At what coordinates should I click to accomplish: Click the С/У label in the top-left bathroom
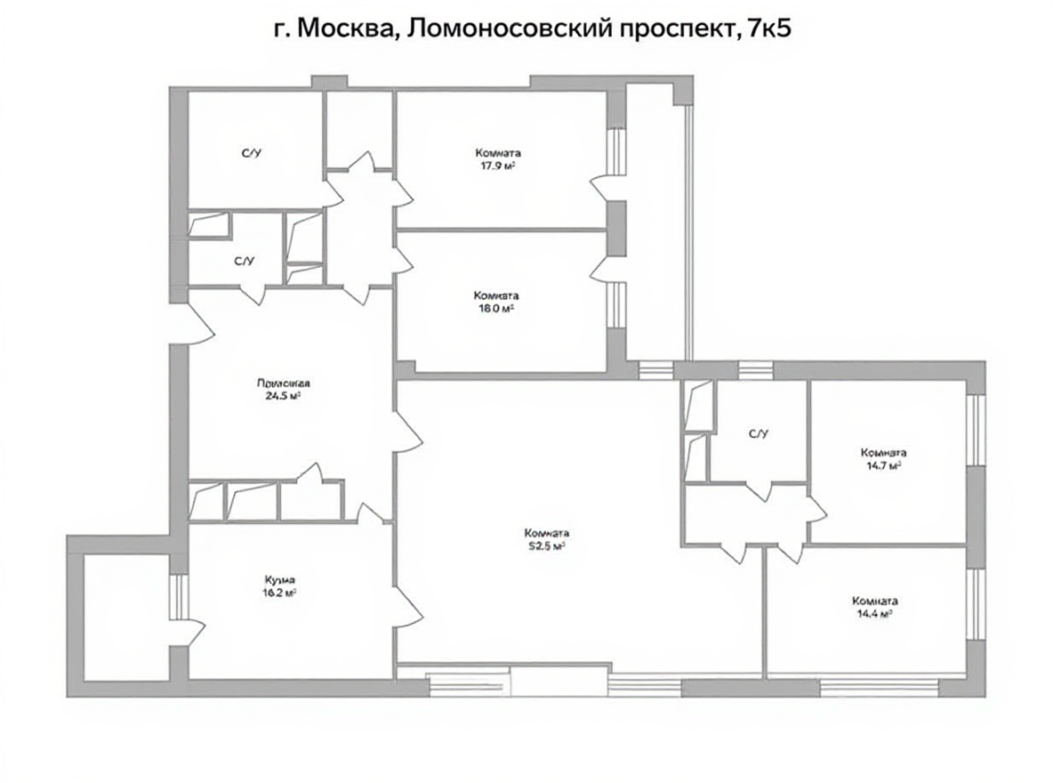point(252,154)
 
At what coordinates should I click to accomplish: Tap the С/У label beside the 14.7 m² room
point(758,434)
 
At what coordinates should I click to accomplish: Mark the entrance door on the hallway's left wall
point(197,323)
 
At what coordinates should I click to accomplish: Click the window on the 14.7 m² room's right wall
point(976,429)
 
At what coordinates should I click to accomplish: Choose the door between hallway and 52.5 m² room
point(408,432)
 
